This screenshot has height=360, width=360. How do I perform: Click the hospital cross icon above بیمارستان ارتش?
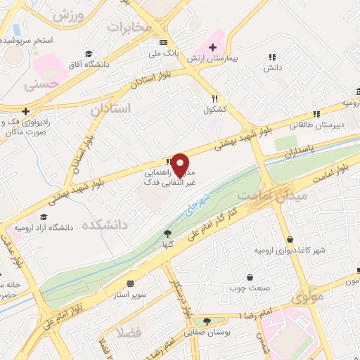tap(212, 46)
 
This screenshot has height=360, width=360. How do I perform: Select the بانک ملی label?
tap(167, 53)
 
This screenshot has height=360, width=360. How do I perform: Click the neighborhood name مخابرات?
tap(129, 27)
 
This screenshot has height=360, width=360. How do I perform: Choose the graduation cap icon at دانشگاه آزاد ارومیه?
tap(44, 217)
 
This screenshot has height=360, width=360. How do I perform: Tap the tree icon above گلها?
tap(167, 234)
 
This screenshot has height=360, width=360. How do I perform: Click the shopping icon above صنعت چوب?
tap(250, 277)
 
